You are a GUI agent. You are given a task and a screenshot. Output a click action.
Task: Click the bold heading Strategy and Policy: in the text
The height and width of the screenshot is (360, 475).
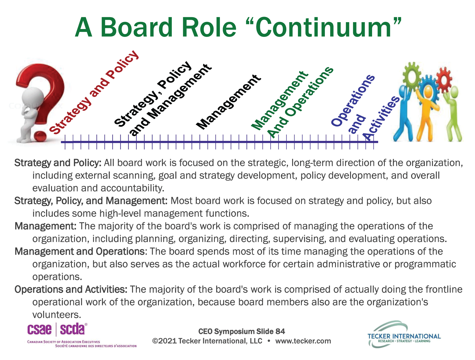tap(58, 163)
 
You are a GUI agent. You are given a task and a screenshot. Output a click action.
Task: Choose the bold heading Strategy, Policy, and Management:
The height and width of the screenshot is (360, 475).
tap(91, 201)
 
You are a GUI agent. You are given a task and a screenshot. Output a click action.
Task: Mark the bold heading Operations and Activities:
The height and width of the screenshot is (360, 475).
tap(71, 290)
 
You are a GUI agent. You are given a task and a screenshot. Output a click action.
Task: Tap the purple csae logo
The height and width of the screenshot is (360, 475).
tap(40, 330)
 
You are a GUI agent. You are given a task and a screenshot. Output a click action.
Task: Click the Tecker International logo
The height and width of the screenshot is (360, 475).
tap(404, 334)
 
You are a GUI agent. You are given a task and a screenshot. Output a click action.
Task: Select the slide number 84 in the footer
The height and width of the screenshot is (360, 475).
tap(280, 332)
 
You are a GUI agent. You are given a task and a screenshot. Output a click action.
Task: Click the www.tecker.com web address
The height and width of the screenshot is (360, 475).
tap(303, 341)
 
